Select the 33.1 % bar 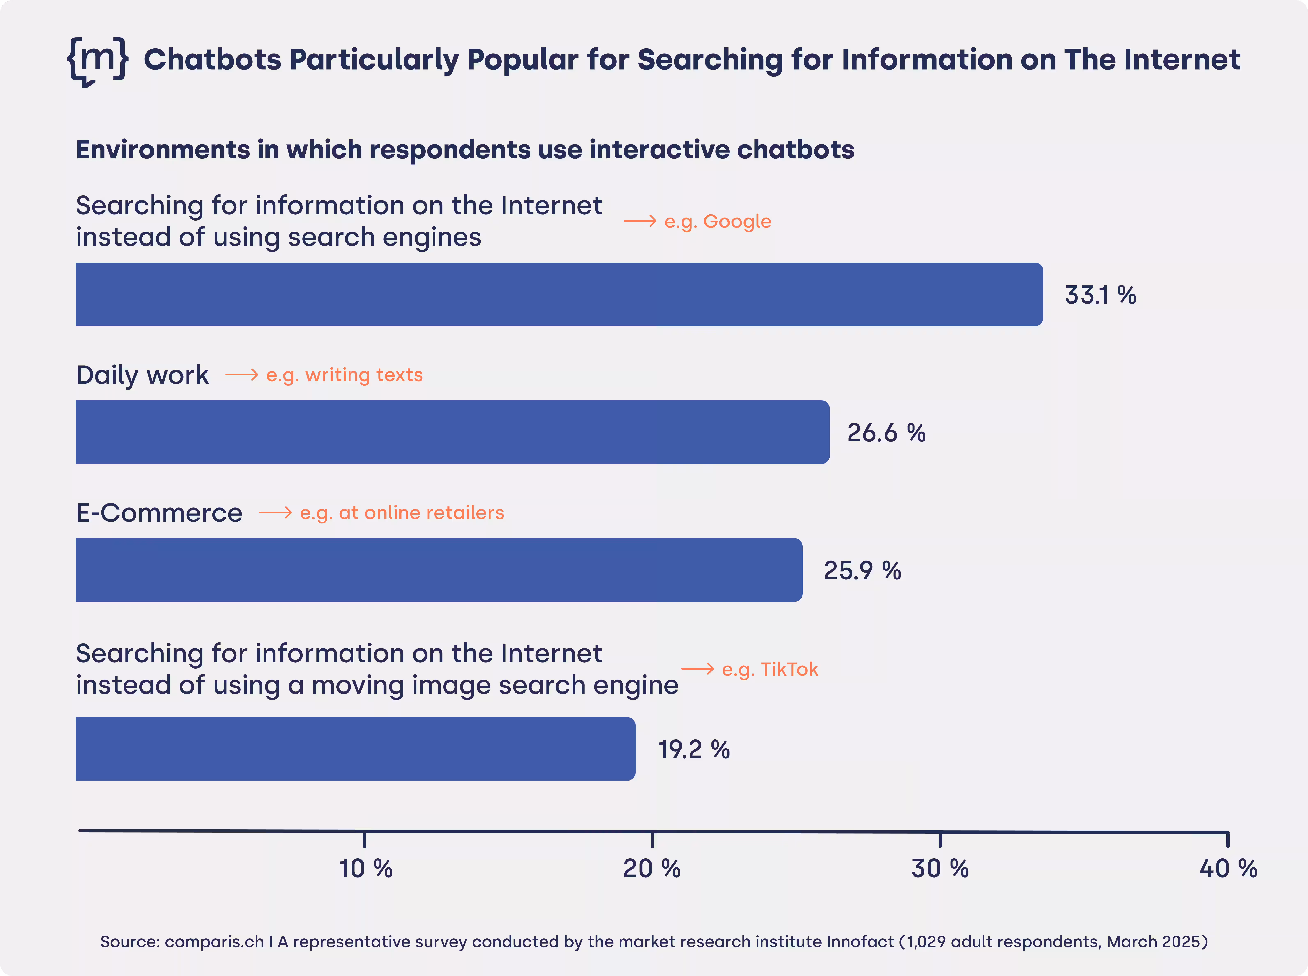pyautogui.click(x=559, y=294)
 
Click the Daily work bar pyautogui.click(x=452, y=432)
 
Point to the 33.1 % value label pyautogui.click(x=1100, y=295)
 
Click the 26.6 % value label pyautogui.click(x=886, y=432)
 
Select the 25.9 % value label pyautogui.click(x=862, y=570)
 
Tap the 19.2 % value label pyautogui.click(x=693, y=749)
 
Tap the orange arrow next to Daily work pyautogui.click(x=242, y=375)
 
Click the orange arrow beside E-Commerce pyautogui.click(x=275, y=512)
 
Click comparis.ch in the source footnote pyautogui.click(x=214, y=941)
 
